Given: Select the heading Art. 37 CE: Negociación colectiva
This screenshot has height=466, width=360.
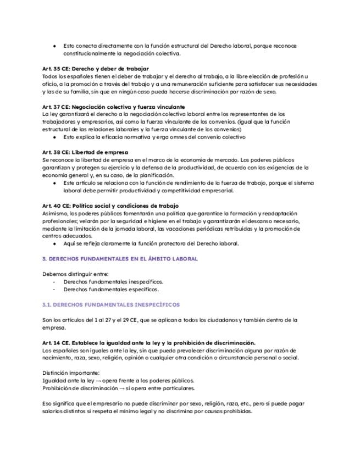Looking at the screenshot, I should click(x=113, y=106).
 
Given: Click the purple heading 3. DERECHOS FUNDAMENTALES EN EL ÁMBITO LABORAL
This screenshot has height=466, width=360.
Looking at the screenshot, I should click(x=120, y=258).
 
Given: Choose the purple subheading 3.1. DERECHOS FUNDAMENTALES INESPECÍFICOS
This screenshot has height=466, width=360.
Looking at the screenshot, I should click(x=110, y=304).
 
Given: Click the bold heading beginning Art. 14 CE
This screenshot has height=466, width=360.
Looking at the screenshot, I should click(x=148, y=342).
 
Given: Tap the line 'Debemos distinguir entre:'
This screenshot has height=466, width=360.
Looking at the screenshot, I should click(x=75, y=274).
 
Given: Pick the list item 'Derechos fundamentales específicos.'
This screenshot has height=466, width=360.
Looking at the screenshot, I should click(x=111, y=289).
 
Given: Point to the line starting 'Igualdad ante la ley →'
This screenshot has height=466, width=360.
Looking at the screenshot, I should click(x=118, y=380).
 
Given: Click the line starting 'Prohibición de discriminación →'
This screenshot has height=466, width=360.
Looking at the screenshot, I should click(x=118, y=388).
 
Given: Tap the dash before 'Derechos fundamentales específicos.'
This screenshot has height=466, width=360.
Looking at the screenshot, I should click(x=54, y=289).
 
